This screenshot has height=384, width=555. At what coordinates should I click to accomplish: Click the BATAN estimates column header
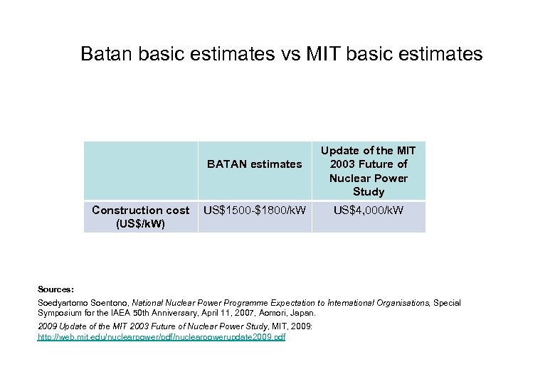tap(254, 164)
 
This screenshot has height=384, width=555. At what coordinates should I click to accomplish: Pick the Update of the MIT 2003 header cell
tap(368, 171)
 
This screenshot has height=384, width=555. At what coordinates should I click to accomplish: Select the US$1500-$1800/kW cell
tap(255, 210)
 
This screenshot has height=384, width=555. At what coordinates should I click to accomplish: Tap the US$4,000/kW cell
tap(368, 210)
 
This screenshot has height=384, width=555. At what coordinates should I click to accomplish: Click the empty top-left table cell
tap(141, 171)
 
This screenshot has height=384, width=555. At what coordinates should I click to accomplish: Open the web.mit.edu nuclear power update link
tap(161, 336)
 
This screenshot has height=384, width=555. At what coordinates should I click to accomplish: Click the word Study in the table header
tap(368, 191)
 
